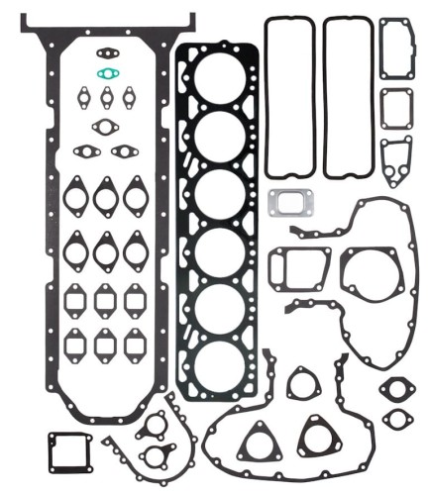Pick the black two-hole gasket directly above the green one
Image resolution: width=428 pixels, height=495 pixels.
[106, 52]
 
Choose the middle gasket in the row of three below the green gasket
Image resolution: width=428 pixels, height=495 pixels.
[107, 98]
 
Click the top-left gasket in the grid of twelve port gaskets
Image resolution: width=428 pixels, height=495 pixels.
[75, 196]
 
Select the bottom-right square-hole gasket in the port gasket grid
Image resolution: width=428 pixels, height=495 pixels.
[136, 346]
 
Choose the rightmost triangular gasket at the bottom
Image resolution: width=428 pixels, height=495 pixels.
[316, 436]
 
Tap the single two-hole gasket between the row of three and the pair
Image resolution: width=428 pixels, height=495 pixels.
[106, 126]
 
